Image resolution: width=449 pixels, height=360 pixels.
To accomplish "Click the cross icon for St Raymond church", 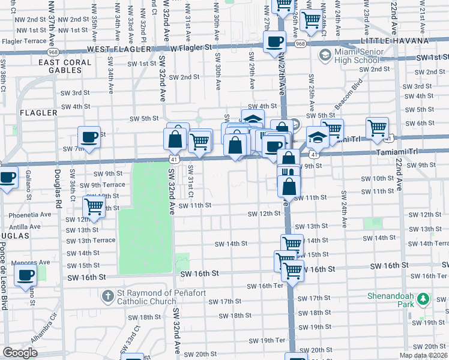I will (107, 296).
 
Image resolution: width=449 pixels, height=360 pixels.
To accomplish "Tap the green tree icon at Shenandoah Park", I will (423, 298).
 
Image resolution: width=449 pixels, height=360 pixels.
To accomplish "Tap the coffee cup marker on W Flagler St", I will (275, 41).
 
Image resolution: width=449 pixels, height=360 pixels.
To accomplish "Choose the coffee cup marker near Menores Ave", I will (25, 275).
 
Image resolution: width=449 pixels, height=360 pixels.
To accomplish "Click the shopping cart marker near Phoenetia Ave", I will (94, 206).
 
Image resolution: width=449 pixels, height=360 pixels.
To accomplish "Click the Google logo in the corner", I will (20, 352).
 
